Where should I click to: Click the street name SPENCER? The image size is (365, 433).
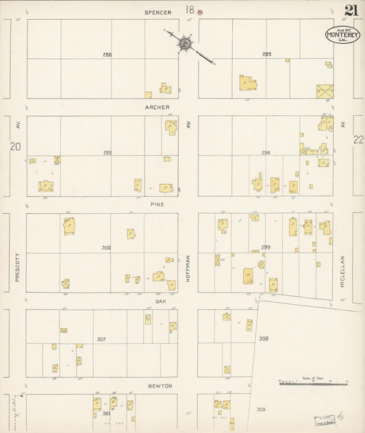point(158,12)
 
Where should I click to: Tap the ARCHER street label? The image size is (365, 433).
point(157,108)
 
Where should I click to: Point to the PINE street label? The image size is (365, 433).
point(158,204)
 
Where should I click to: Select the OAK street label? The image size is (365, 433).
point(161,301)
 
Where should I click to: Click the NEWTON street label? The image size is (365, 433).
point(160,386)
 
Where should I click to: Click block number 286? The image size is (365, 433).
point(107,54)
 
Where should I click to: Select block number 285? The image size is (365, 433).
point(266,54)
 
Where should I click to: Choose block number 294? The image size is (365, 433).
point(266,152)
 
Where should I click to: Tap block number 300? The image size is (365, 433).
point(106,247)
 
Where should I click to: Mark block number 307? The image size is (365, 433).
point(101,339)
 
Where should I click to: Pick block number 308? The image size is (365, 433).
point(264,338)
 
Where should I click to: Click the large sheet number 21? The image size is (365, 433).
point(351,10)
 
